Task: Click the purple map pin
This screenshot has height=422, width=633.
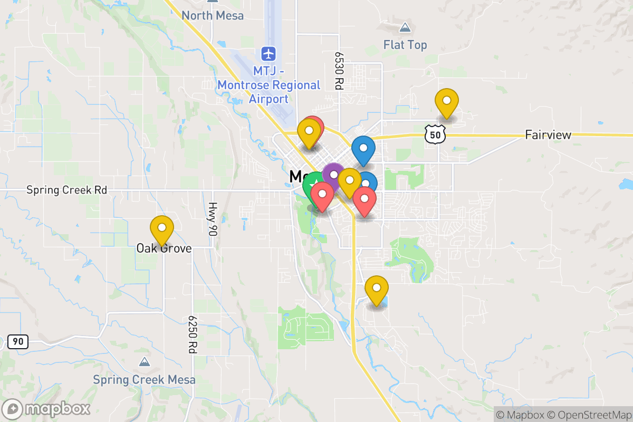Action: pyautogui.click(x=333, y=175)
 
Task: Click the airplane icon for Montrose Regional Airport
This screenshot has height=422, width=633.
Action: pyautogui.click(x=269, y=53)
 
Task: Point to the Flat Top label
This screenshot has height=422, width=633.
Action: pyautogui.click(x=405, y=45)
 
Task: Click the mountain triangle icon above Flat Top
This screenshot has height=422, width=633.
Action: pyautogui.click(x=405, y=27)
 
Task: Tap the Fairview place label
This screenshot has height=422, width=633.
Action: pyautogui.click(x=548, y=135)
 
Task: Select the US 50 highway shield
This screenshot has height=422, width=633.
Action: pyautogui.click(x=435, y=135)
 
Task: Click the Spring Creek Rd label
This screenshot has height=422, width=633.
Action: pyautogui.click(x=67, y=190)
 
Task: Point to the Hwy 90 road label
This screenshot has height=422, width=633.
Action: pyautogui.click(x=213, y=219)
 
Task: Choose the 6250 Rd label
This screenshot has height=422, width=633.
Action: pyautogui.click(x=191, y=334)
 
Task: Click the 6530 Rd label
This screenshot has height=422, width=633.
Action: pyautogui.click(x=339, y=70)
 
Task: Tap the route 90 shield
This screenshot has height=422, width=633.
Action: pyautogui.click(x=18, y=342)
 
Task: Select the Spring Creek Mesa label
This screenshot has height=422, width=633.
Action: pyautogui.click(x=144, y=380)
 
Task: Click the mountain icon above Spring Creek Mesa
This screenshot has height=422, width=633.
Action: pyautogui.click(x=144, y=362)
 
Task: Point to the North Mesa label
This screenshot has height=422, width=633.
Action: pyautogui.click(x=213, y=15)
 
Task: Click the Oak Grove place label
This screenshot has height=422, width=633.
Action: pyautogui.click(x=164, y=248)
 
